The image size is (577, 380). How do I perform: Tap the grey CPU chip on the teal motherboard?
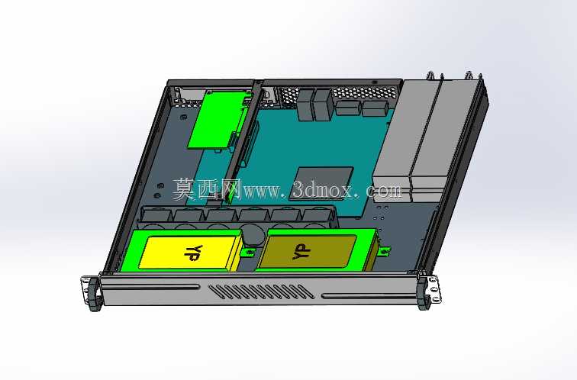321,183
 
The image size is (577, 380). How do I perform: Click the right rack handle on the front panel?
423,293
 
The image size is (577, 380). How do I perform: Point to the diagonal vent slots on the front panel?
261,291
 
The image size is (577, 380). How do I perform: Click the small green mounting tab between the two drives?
250,253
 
